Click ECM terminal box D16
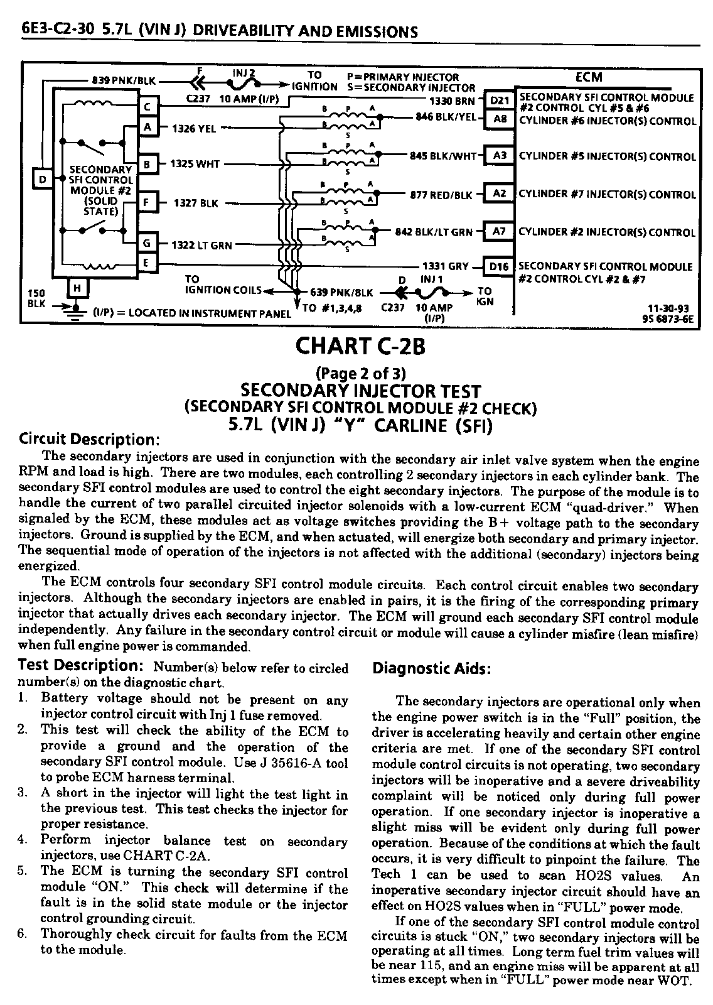(x=500, y=267)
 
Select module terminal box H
(x=77, y=288)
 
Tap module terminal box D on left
(x=43, y=180)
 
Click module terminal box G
(x=147, y=244)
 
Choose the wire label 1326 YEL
(x=194, y=129)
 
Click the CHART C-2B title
(x=355, y=345)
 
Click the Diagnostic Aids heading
(x=432, y=668)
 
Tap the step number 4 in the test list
(x=22, y=839)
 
